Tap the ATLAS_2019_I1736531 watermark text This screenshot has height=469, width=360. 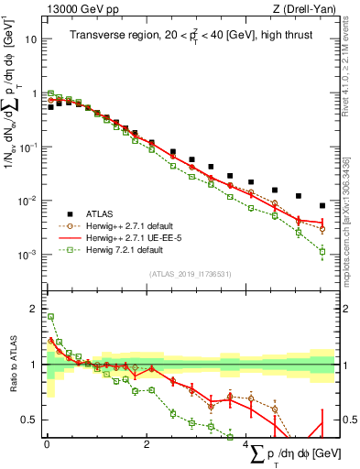tap(189, 273)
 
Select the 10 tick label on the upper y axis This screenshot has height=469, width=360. tap(31, 40)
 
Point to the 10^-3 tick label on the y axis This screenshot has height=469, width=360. tap(27, 254)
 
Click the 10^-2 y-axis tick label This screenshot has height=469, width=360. tap(27, 201)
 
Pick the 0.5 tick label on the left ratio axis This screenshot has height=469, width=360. tap(29, 420)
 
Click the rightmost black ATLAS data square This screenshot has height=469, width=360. tap(322, 205)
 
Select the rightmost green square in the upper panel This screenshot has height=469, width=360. tap(322, 251)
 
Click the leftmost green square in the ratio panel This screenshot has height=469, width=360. tap(50, 317)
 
